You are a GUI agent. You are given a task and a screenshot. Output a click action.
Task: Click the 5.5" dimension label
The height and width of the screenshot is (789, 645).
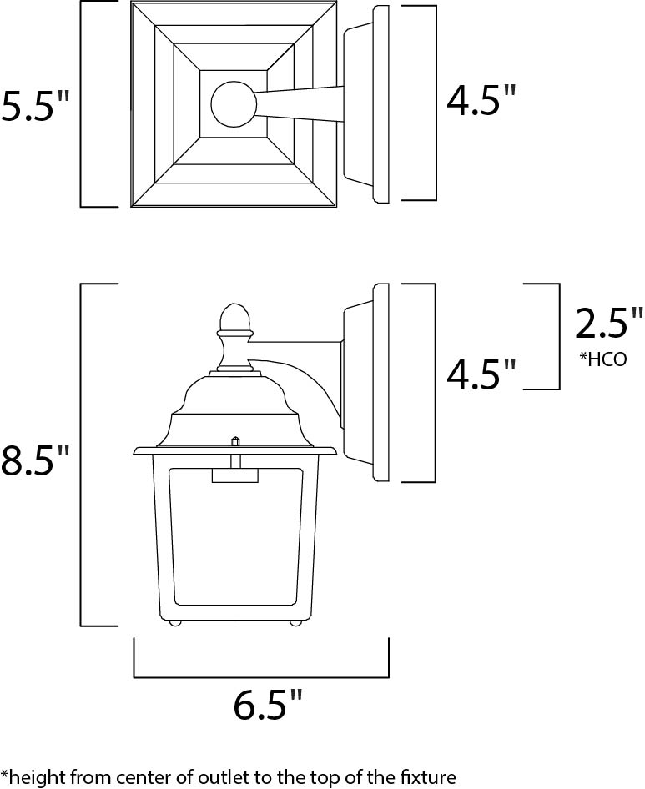coord(36,106)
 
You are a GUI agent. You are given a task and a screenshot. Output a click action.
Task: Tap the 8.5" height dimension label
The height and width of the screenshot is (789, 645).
coord(36,460)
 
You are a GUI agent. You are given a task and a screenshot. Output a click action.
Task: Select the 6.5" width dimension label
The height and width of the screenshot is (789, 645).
coord(267,706)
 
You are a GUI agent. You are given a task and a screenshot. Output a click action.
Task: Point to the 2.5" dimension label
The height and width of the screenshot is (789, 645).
coord(609,323)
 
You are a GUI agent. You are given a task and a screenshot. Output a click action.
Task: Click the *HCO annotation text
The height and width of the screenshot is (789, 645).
coord(602,359)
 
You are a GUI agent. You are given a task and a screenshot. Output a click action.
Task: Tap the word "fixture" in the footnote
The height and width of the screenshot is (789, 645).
coord(426,776)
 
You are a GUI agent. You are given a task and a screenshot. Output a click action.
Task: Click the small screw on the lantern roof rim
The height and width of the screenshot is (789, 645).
coord(235,440)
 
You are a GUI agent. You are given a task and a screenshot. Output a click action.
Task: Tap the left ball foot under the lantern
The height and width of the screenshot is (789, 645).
coord(175,622)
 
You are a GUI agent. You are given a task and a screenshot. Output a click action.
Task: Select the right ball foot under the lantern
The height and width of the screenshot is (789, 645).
coord(295,622)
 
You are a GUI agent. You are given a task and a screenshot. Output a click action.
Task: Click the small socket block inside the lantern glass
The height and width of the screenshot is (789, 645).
coord(234,475)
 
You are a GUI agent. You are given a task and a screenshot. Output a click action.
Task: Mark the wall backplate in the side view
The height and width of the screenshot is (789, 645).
coord(380,383)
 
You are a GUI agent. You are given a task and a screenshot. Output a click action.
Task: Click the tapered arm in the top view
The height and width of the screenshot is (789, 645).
coord(300,103)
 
